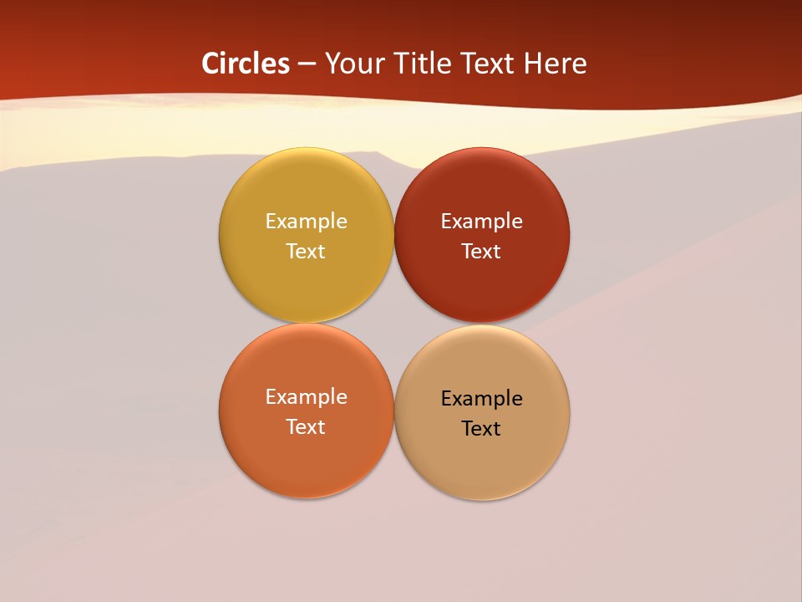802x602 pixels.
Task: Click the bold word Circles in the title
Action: point(246,64)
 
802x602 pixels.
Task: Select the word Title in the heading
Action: point(422,64)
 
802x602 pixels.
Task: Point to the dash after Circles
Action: point(307,64)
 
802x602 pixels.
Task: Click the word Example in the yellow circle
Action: point(306,221)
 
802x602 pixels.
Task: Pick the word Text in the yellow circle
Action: point(306,251)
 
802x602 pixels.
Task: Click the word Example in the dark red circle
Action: point(481,221)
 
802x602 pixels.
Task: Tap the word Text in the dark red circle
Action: point(481,251)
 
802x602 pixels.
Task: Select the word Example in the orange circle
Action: point(306,396)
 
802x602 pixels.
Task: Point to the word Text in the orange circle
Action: point(306,426)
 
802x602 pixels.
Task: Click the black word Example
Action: point(481,398)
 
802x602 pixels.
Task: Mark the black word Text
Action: point(481,428)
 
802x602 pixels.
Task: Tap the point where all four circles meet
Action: point(393,324)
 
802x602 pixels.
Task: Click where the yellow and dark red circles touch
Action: point(393,235)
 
